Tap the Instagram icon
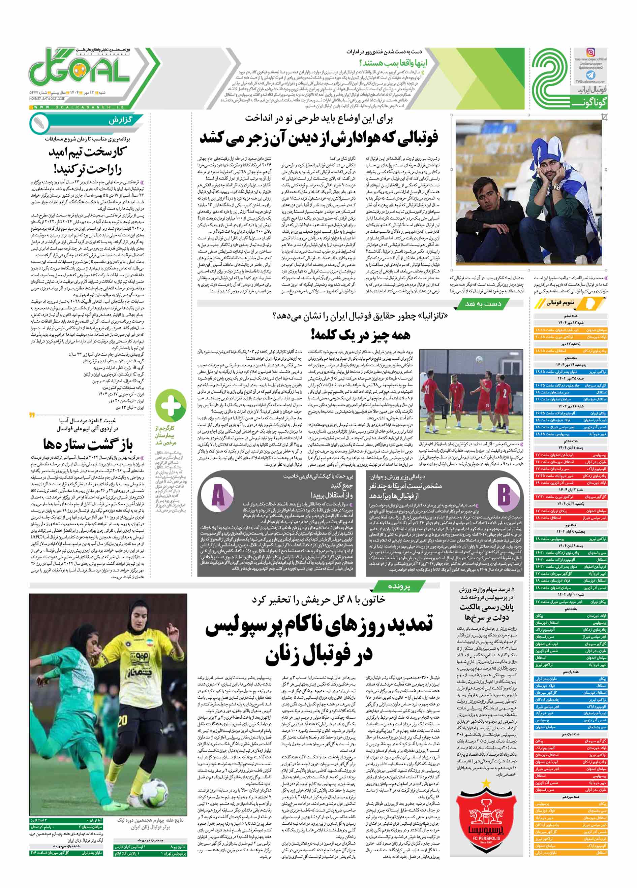(591, 52)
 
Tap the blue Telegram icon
(591, 75)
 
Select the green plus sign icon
(171, 406)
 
